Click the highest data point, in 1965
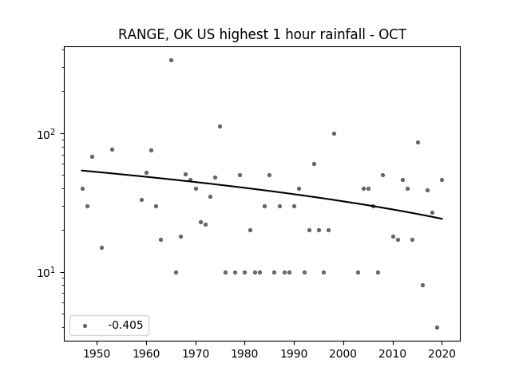[x=171, y=61]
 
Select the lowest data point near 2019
[x=437, y=328]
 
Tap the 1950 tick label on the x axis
[x=97, y=353]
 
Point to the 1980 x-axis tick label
[x=245, y=353]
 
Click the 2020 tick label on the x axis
[x=442, y=353]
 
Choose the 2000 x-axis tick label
[x=343, y=353]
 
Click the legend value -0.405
[x=125, y=325]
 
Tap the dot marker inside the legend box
[x=85, y=326]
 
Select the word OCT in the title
[x=392, y=34]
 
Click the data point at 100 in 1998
[x=334, y=133]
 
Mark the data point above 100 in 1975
[x=220, y=126]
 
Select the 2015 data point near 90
[x=418, y=142]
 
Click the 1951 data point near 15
[x=101, y=248]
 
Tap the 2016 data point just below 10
[x=422, y=286]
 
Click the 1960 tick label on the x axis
[x=146, y=353]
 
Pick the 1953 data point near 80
[x=112, y=149]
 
